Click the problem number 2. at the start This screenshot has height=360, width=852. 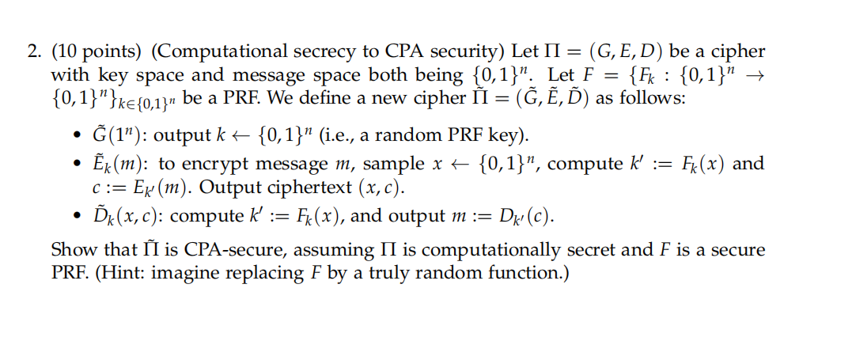(36, 51)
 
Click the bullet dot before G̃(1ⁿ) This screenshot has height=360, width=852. (79, 136)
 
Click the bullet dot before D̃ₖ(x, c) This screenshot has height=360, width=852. (79, 217)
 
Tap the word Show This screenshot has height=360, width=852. (70, 249)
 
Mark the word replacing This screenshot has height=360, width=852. (263, 275)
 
